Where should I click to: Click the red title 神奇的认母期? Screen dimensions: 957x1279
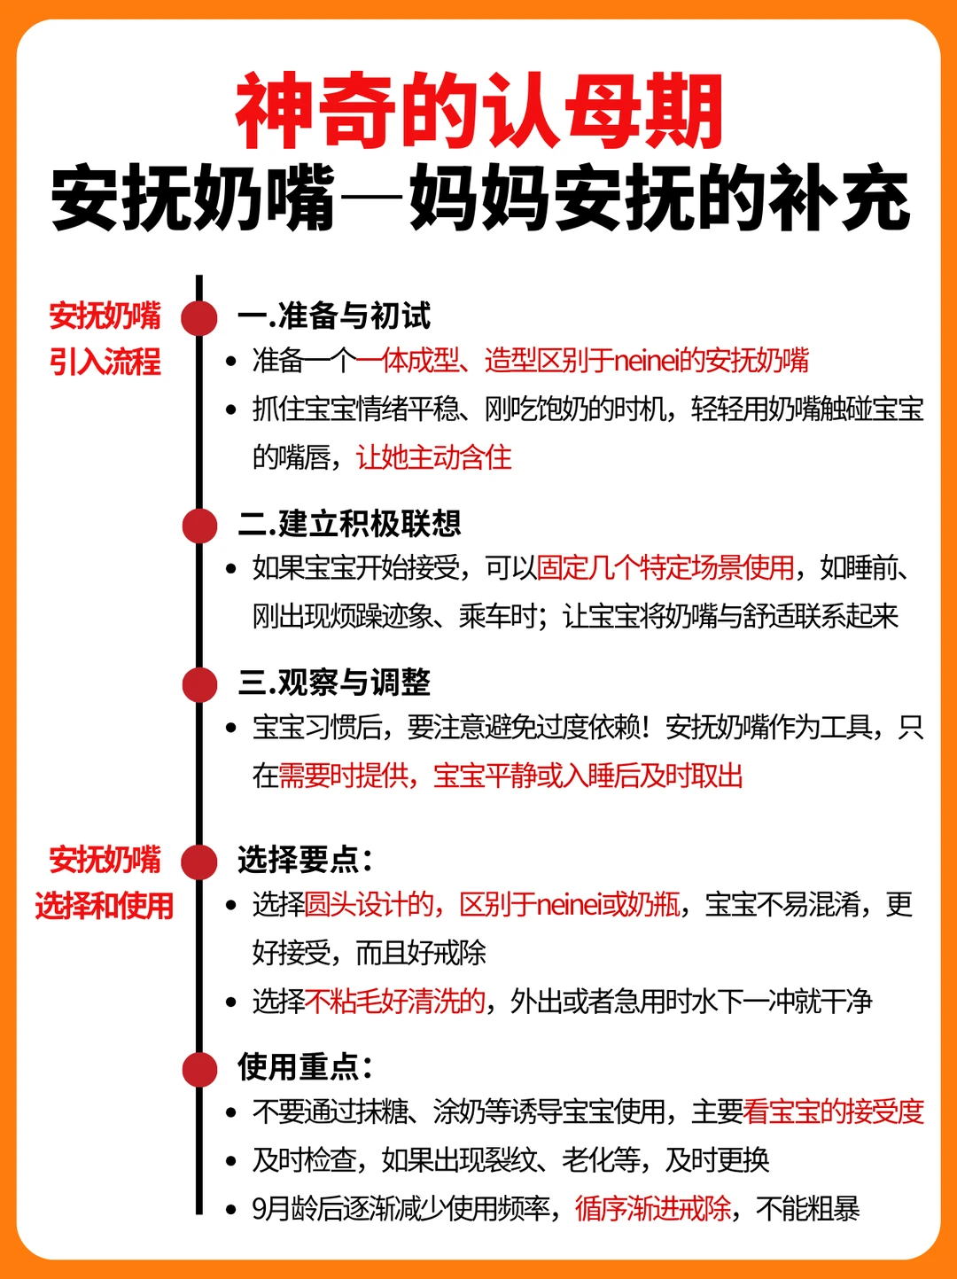[479, 112]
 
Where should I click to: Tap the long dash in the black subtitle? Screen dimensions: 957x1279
[372, 199]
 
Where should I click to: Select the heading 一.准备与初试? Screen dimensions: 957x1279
[334, 316]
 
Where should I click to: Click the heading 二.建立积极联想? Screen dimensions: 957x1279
[349, 524]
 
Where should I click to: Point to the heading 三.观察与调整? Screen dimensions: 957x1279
[334, 682]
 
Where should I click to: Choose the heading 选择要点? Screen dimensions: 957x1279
[305, 860]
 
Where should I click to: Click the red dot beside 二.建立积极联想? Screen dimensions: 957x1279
[200, 526]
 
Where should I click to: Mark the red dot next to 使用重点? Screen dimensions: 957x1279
[200, 1069]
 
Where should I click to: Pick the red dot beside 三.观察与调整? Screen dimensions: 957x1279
[200, 684]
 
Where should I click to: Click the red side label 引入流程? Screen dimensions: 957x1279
[105, 362]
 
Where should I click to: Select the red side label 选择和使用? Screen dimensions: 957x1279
[105, 906]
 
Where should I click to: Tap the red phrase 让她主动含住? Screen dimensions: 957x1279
[434, 457]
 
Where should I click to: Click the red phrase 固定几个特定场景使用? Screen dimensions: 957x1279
[665, 568]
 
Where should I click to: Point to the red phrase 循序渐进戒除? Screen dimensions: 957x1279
[654, 1208]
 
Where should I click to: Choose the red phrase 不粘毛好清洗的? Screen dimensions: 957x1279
[395, 1002]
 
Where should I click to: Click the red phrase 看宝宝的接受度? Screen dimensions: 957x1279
[834, 1111]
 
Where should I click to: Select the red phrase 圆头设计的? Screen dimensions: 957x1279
[369, 905]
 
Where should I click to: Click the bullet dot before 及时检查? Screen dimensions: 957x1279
[231, 1161]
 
